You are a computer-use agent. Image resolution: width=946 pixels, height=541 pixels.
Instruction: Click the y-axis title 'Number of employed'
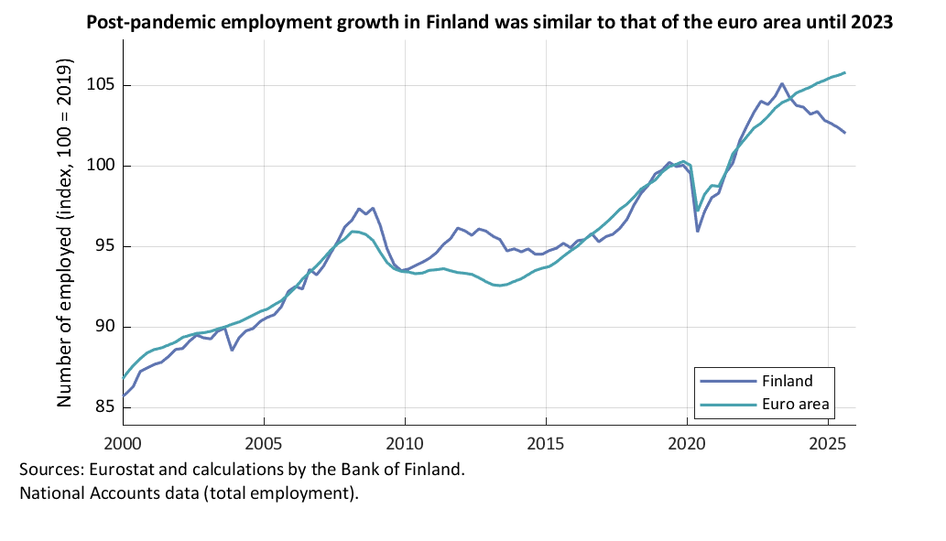[x=65, y=237]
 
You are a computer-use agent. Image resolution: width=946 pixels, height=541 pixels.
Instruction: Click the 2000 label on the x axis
[x=123, y=444]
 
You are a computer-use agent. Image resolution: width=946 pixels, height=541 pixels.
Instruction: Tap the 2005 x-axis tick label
[x=264, y=444]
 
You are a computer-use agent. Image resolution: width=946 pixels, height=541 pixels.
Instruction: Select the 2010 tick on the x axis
[x=405, y=444]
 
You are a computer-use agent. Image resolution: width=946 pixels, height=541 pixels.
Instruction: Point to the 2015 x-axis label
[x=546, y=444]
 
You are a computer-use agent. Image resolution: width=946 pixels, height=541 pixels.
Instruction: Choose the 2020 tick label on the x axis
[x=687, y=444]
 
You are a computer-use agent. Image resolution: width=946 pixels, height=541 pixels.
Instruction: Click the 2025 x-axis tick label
[x=828, y=444]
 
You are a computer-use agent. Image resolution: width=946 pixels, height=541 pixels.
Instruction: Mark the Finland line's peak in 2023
[x=781, y=83]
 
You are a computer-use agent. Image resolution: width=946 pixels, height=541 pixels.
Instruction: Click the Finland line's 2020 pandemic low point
[x=698, y=231]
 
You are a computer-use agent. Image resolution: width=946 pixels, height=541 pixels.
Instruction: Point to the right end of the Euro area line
[x=844, y=72]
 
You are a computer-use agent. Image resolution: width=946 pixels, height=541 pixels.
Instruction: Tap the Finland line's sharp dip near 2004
[x=232, y=350]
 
